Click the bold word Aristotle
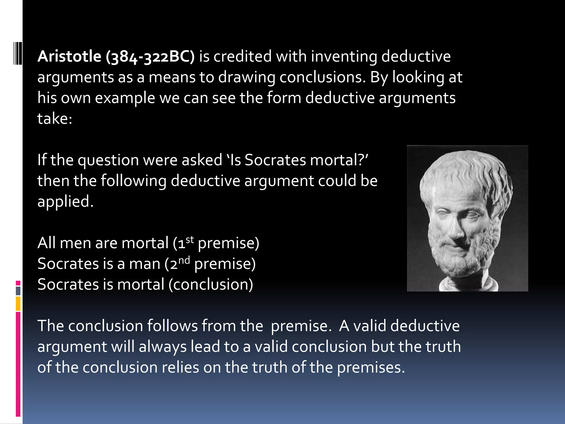click(69, 57)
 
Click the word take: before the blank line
click(55, 119)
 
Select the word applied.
click(65, 202)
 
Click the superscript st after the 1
click(190, 240)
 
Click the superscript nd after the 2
click(184, 260)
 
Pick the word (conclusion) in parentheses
click(211, 285)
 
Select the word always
click(162, 347)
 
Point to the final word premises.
click(371, 368)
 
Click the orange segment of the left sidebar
click(18, 304)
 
